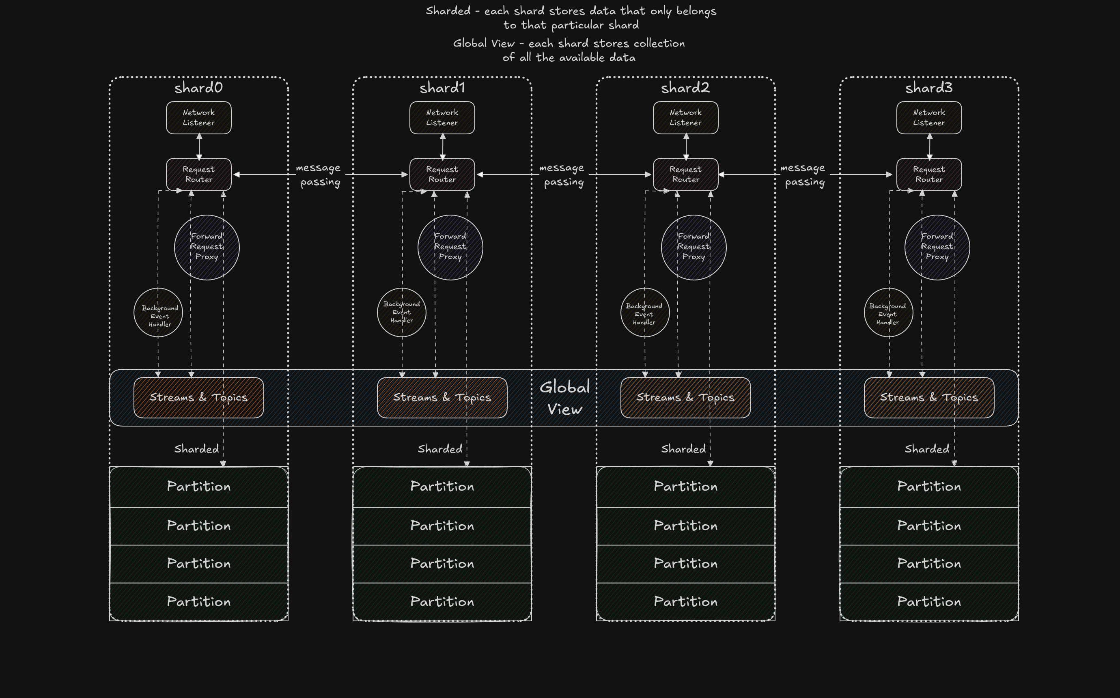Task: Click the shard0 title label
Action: point(198,88)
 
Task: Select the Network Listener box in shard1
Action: point(442,118)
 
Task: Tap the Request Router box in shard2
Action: point(685,174)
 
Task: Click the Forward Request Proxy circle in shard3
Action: point(937,248)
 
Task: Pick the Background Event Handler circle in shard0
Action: point(158,313)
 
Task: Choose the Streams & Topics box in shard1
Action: point(442,397)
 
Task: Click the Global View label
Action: point(564,398)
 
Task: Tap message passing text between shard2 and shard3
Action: point(803,174)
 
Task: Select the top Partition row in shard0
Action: point(198,487)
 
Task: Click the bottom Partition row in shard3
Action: point(929,601)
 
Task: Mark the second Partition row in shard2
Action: point(685,526)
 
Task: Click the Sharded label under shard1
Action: point(440,449)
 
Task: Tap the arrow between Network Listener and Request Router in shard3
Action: point(929,146)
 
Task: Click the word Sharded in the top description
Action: point(448,11)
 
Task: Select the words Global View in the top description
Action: point(483,44)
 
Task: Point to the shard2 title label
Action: point(685,88)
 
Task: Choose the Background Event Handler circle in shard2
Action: point(645,313)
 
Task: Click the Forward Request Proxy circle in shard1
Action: point(450,248)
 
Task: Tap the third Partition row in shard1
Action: point(442,564)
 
